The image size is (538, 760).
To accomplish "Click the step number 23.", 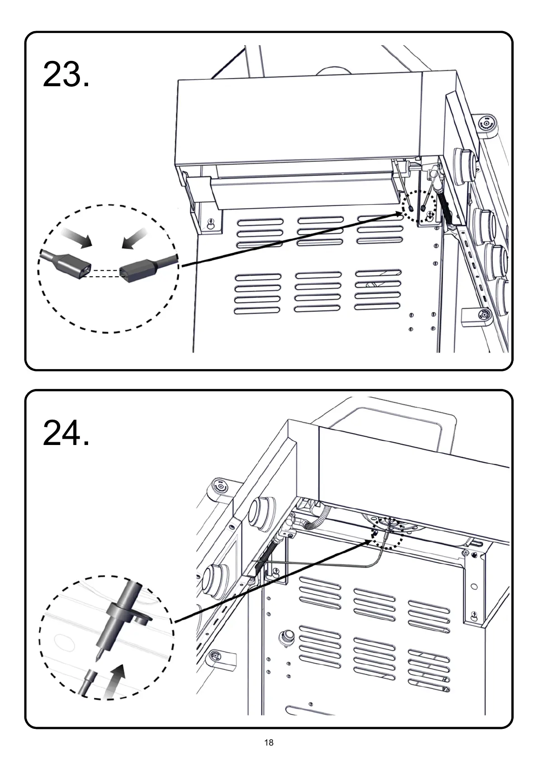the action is [66, 75].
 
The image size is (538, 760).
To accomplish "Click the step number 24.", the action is [66, 433].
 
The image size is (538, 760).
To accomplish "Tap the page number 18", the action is [269, 742].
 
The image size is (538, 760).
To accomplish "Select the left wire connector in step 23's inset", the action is [68, 262].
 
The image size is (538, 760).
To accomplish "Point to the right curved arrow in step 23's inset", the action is [135, 238].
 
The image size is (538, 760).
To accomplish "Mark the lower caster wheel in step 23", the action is [484, 315].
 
